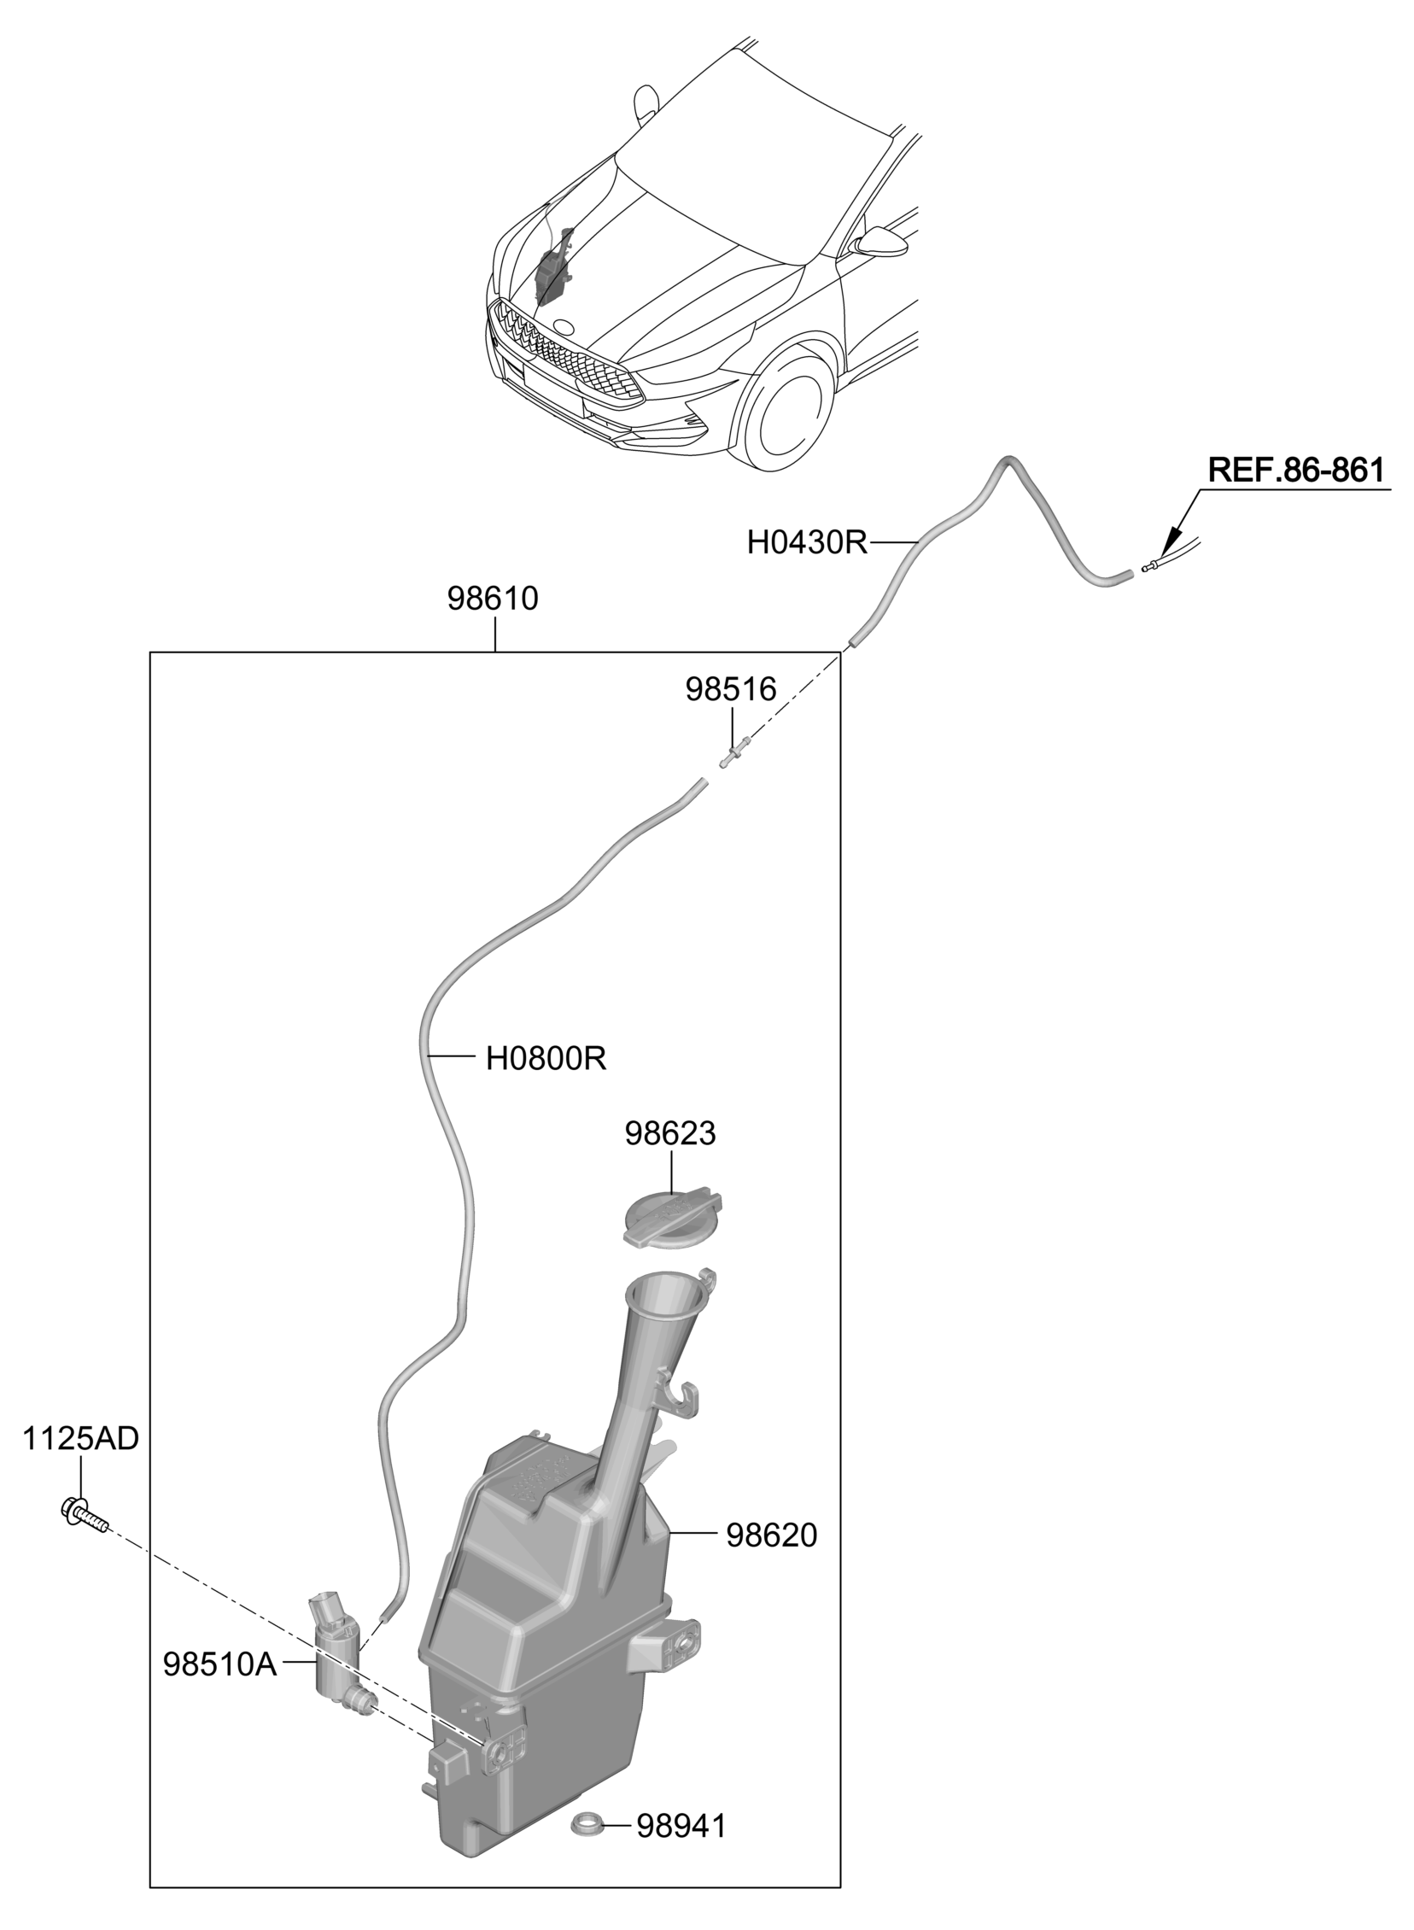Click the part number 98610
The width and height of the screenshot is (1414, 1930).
point(493,600)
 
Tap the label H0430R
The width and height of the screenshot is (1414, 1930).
point(808,542)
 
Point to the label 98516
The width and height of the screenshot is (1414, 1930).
point(731,689)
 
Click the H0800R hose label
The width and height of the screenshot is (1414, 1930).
point(546,1060)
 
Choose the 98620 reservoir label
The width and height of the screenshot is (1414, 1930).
point(772,1535)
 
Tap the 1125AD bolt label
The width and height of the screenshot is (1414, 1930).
point(80,1439)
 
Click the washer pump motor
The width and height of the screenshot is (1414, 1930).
point(340,1645)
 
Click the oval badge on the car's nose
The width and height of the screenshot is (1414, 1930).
point(564,326)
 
